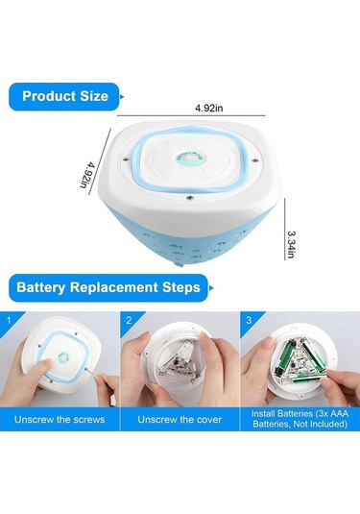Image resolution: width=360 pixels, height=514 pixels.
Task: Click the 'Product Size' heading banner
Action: (x=64, y=96)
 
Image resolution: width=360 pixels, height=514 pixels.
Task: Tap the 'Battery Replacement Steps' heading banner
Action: (x=108, y=288)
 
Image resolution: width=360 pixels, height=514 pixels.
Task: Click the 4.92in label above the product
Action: (x=209, y=108)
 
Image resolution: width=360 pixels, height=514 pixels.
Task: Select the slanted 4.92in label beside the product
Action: (x=87, y=173)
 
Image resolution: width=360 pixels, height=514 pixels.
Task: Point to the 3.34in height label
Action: (x=291, y=245)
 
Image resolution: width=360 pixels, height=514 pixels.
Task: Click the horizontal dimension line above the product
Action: (x=191, y=115)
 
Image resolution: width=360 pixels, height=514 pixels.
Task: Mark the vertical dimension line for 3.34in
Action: (x=285, y=229)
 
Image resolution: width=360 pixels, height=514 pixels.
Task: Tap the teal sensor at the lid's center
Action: (x=190, y=159)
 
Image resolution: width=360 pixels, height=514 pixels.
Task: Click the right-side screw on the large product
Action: (x=255, y=160)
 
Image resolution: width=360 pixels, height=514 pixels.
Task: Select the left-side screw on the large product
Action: (x=126, y=159)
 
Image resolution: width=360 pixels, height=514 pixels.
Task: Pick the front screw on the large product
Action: (x=189, y=198)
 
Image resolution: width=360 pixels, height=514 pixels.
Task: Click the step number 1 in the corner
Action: (x=9, y=320)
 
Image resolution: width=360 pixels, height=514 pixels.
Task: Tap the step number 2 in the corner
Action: (x=129, y=320)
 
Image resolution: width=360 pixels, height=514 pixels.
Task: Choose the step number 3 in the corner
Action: (x=249, y=320)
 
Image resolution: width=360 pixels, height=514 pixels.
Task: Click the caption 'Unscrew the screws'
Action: (x=60, y=420)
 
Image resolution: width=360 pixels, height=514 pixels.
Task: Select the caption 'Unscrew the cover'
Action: (x=180, y=420)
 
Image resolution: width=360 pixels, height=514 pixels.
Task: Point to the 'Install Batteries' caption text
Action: (x=300, y=419)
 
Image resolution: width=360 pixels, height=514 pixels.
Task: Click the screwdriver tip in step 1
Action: (x=87, y=370)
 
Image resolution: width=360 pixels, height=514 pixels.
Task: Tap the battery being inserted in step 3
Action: (x=308, y=379)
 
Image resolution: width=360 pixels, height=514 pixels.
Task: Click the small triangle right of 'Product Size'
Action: (x=122, y=97)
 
